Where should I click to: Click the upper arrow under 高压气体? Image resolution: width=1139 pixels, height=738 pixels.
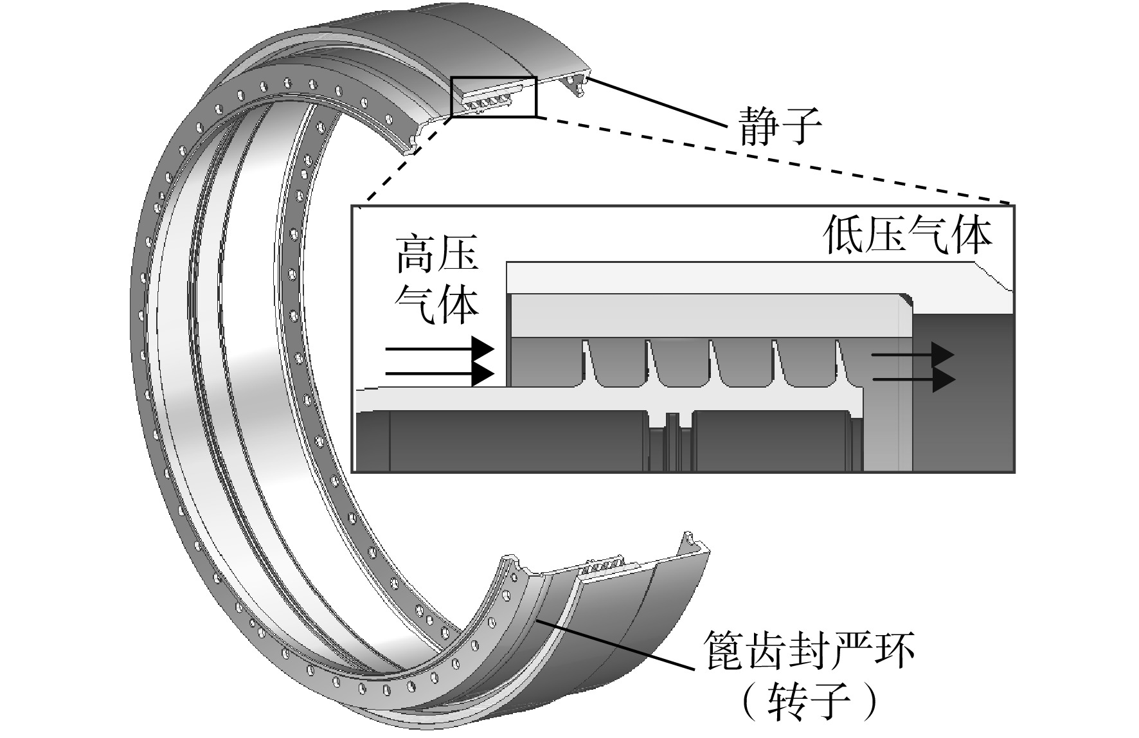[439, 350]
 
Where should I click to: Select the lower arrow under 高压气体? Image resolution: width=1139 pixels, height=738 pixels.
[439, 374]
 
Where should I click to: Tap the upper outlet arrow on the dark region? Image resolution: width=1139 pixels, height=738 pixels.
[913, 355]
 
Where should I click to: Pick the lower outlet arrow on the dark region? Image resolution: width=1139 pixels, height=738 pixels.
[913, 379]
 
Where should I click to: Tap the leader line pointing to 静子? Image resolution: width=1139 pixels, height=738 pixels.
[659, 102]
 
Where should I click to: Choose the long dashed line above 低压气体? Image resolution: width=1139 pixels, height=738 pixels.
[774, 160]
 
